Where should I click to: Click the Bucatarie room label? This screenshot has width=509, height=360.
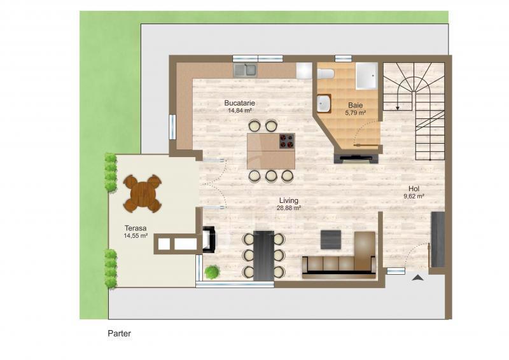click(240, 103)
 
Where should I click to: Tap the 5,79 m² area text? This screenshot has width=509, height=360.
click(356, 113)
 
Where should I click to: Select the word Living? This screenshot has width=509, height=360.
click(289, 201)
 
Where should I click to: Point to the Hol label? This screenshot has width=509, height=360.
click(414, 189)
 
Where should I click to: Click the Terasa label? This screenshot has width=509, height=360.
click(136, 228)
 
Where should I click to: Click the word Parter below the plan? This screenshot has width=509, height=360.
click(120, 333)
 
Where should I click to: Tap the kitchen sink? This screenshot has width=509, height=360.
click(245, 70)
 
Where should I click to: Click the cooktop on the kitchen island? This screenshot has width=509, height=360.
click(287, 141)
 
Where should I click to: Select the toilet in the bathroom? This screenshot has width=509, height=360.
click(326, 74)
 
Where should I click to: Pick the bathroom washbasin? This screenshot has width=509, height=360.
click(324, 104)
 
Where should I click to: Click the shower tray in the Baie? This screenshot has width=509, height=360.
click(367, 76)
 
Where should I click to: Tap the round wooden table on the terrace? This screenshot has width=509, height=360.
click(143, 194)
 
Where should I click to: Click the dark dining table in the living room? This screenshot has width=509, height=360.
click(263, 256)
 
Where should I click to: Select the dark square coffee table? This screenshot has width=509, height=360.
click(331, 240)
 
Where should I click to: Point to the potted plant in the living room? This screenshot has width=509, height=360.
click(213, 272)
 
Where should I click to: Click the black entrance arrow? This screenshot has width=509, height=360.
click(419, 277)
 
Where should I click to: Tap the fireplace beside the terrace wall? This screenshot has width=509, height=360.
click(209, 240)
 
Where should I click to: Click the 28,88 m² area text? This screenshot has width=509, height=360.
click(289, 209)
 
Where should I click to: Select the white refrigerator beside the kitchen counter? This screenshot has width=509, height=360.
click(304, 71)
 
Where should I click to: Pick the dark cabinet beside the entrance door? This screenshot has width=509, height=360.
click(438, 240)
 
